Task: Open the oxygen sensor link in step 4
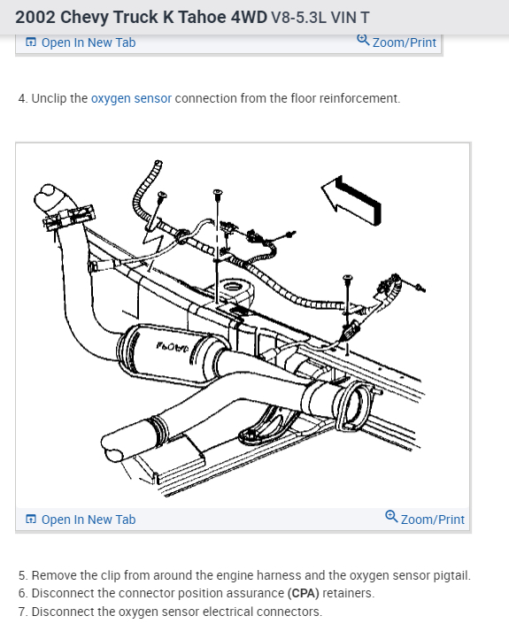tap(131, 98)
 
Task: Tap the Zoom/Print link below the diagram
tap(432, 520)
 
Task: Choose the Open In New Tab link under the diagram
tap(89, 520)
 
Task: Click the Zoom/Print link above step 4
tap(405, 42)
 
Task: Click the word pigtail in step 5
tap(450, 575)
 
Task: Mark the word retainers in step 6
tap(348, 593)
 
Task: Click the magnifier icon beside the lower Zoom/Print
tap(391, 518)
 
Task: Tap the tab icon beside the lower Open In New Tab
tap(31, 520)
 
